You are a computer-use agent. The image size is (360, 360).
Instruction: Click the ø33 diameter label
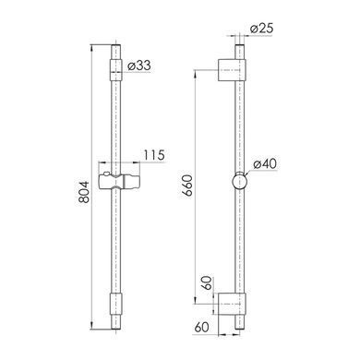click(x=139, y=66)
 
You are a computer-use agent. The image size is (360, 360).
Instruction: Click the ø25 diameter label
click(x=261, y=29)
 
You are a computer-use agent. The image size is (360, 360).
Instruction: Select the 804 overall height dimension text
click(x=84, y=192)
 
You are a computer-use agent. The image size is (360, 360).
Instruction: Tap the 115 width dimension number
click(x=154, y=155)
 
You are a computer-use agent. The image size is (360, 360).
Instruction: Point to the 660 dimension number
click(x=186, y=186)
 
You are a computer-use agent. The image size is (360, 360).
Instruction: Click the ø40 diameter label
click(x=265, y=163)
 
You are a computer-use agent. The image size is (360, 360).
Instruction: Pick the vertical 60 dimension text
click(x=208, y=283)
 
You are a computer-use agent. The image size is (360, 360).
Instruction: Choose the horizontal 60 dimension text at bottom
click(x=202, y=327)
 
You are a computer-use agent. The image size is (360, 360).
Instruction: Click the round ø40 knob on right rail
click(x=239, y=181)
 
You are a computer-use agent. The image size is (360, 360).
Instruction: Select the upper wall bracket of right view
click(x=232, y=70)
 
